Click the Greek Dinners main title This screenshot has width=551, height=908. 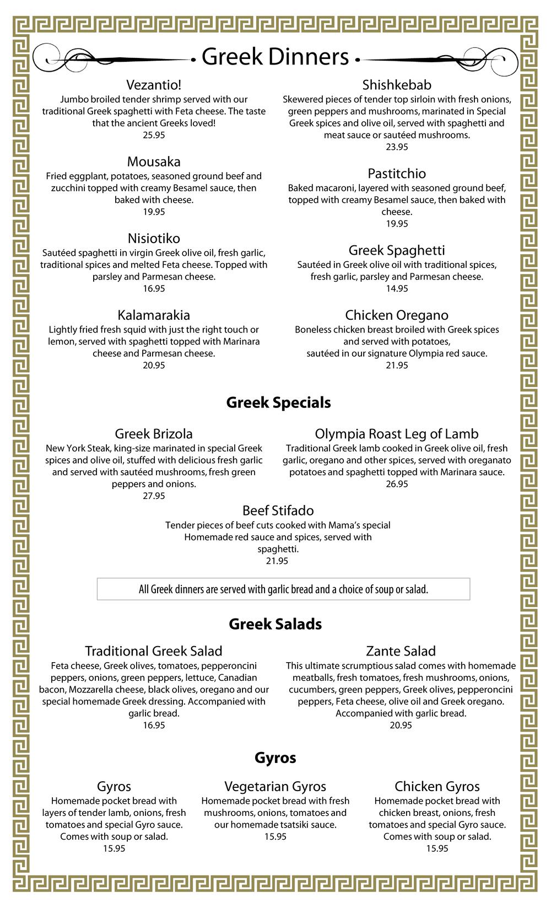click(x=275, y=57)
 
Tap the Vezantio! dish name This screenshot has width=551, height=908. click(x=154, y=85)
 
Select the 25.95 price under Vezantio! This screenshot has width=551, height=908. click(x=154, y=135)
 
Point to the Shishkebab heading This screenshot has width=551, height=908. click(x=397, y=85)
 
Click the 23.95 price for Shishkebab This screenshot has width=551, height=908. click(x=397, y=147)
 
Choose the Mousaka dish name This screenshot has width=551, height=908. click(x=154, y=162)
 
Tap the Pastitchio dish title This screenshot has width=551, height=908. click(x=397, y=174)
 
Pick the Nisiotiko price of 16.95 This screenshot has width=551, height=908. click(x=154, y=289)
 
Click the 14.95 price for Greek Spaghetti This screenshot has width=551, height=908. click(x=397, y=289)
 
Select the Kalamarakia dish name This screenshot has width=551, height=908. click(x=154, y=315)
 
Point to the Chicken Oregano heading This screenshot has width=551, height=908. click(x=397, y=315)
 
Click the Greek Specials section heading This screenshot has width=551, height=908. click(x=278, y=402)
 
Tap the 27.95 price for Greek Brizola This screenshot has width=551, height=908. click(x=154, y=496)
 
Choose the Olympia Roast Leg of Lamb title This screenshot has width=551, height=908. click(x=397, y=434)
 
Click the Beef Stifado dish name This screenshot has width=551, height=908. click(x=278, y=511)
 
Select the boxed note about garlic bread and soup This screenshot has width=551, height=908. click(x=283, y=589)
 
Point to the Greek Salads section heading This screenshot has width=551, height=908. click(x=275, y=624)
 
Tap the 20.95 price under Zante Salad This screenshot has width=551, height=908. click(x=401, y=726)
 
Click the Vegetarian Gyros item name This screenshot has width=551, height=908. click(x=275, y=786)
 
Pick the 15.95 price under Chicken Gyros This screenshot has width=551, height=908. click(x=437, y=849)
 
